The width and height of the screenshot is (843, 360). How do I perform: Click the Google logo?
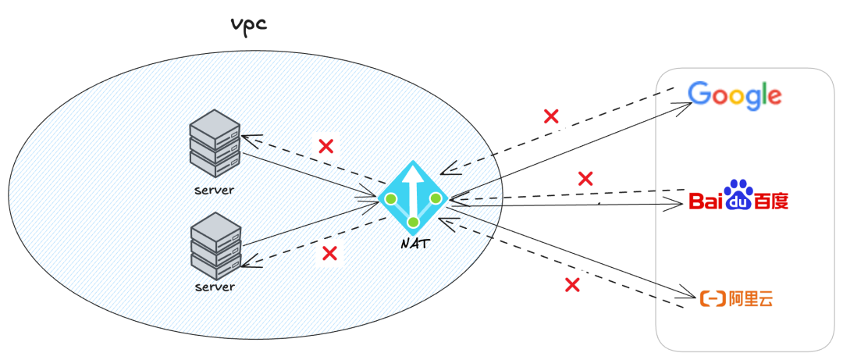click(x=735, y=95)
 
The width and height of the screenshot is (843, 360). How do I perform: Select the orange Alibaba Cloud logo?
click(x=737, y=298)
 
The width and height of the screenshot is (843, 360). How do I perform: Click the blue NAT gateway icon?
click(x=414, y=198)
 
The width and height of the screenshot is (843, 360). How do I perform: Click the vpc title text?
click(x=248, y=24)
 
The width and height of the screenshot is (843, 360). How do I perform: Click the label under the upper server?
click(x=215, y=191)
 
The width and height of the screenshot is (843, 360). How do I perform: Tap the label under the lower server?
click(x=215, y=287)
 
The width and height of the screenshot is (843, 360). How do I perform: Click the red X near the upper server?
click(x=326, y=145)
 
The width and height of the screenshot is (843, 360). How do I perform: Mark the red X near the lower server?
click(x=329, y=253)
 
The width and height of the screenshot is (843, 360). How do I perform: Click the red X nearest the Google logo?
click(x=551, y=117)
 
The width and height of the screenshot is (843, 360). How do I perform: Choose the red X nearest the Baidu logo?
click(x=585, y=178)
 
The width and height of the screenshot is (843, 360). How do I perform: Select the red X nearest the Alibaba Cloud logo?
click(x=572, y=285)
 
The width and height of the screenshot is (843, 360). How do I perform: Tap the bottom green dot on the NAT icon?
click(x=414, y=222)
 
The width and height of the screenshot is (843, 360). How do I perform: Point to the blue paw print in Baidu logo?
click(x=738, y=190)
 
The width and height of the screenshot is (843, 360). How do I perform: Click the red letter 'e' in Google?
click(x=773, y=97)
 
